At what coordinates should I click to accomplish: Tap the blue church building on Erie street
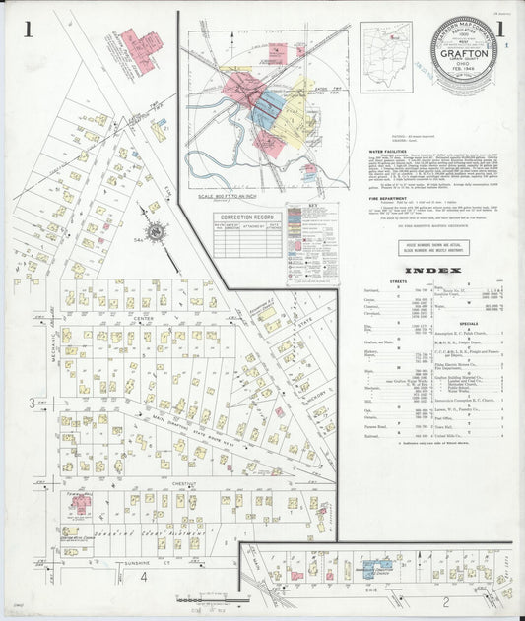[x=371, y=569]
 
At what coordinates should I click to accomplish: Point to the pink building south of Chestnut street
[x=80, y=503]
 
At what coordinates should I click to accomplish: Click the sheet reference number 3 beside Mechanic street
[x=32, y=403]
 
